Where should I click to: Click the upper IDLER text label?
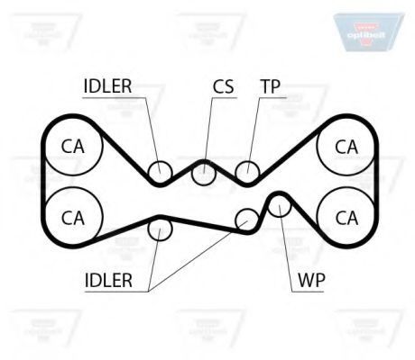click(107, 86)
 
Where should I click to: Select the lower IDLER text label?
click(108, 281)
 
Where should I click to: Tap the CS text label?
click(223, 86)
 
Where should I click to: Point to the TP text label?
click(271, 86)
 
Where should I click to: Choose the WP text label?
click(311, 280)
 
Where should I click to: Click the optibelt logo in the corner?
click(367, 32)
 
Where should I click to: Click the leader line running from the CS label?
click(208, 135)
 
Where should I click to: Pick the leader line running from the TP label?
click(254, 135)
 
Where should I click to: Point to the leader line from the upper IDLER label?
click(153, 135)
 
